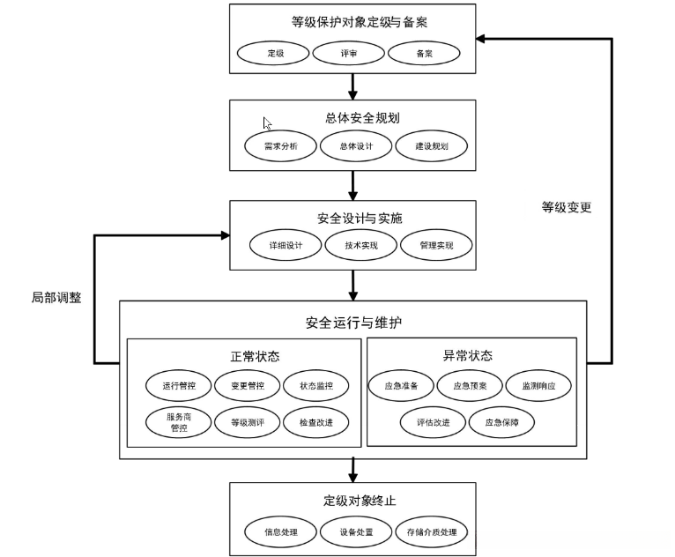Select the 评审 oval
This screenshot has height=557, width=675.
[349, 53]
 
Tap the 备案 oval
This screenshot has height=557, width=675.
[424, 53]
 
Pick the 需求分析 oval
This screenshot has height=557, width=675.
[280, 146]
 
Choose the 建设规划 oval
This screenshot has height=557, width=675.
[431, 146]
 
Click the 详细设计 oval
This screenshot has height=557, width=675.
[286, 245]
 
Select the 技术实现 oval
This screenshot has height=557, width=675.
[361, 245]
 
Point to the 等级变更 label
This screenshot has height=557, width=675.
[566, 208]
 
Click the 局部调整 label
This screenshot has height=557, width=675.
[56, 297]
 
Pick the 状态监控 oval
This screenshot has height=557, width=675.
[315, 385]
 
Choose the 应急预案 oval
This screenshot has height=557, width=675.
[469, 385]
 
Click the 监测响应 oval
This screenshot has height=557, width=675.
[538, 385]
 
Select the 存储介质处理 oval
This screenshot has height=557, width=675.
[431, 532]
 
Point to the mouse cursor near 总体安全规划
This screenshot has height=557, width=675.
[267, 124]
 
